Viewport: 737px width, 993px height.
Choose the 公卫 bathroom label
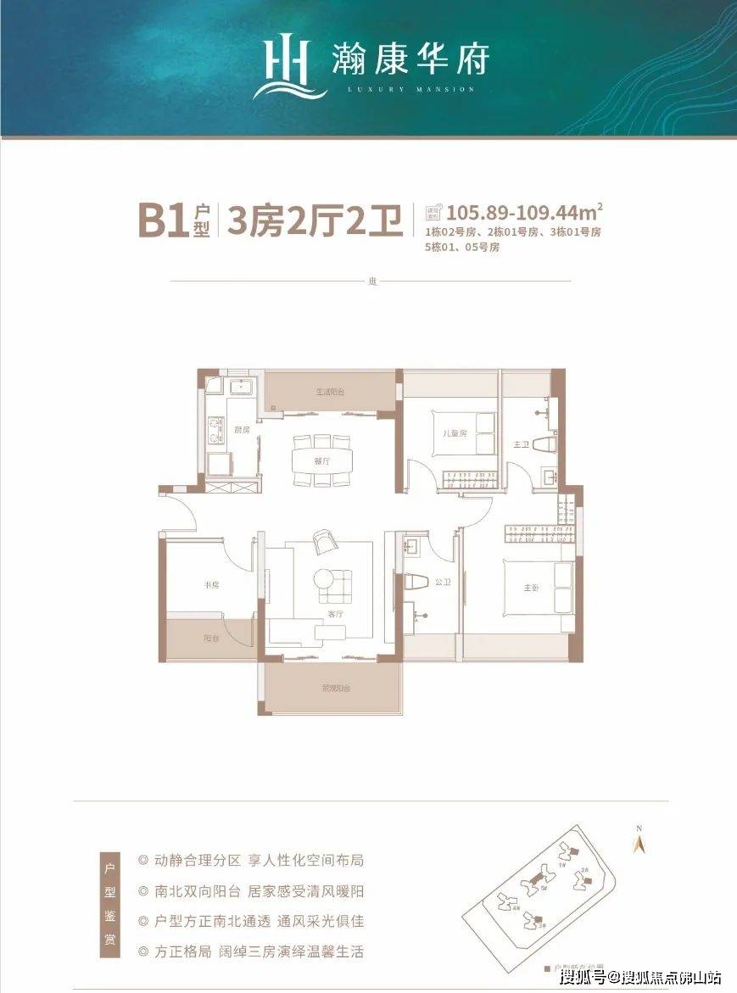[x=441, y=583]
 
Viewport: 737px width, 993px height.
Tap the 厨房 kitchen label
[x=242, y=430]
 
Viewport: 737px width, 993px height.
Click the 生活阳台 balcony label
[x=329, y=392]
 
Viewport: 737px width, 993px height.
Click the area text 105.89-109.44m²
[x=524, y=210]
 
